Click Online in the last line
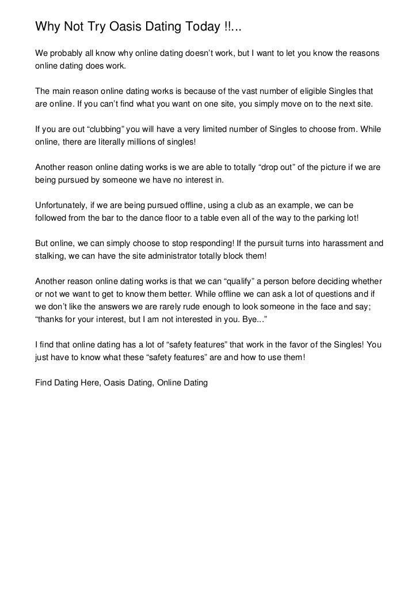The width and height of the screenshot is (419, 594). coord(168,382)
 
